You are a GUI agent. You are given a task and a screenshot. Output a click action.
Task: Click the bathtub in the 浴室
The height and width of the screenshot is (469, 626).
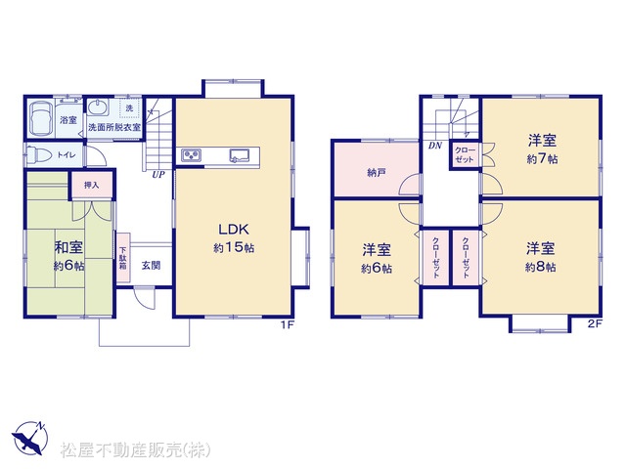(41, 118)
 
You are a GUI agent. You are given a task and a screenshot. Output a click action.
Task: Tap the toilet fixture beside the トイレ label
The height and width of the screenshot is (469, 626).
(38, 154)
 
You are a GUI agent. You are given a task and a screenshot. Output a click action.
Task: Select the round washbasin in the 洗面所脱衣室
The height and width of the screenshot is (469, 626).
(98, 107)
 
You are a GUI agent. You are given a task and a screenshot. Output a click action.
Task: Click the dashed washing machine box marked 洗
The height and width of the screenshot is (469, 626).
(130, 108)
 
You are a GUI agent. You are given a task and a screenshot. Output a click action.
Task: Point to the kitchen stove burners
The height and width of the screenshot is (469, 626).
(192, 155)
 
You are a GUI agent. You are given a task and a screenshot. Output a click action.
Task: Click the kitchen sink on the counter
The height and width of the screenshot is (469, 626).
(240, 155)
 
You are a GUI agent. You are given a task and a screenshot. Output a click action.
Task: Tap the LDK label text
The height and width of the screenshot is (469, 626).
(234, 229)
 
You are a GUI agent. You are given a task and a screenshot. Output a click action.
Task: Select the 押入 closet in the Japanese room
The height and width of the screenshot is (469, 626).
(92, 185)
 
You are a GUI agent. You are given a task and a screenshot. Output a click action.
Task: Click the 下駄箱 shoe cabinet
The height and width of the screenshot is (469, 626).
(123, 258)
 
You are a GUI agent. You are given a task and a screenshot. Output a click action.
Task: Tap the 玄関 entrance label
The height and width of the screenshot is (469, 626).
(151, 265)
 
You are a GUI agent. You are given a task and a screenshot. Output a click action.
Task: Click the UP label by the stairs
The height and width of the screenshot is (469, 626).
(158, 175)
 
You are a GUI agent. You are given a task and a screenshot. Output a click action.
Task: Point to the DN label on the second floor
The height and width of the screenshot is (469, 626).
(435, 146)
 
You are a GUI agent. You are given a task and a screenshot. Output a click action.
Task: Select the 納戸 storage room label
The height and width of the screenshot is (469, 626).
(377, 173)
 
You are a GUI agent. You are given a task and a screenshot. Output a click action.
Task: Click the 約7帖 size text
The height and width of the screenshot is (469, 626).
(542, 158)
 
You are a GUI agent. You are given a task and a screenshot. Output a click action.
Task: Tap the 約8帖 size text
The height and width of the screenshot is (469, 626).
(540, 267)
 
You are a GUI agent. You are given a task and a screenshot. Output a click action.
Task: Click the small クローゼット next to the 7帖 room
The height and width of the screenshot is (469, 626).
(466, 155)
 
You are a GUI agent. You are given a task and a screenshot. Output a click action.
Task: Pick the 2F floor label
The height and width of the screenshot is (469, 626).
(594, 323)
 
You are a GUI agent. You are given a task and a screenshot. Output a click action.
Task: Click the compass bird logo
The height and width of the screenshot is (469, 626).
(30, 438)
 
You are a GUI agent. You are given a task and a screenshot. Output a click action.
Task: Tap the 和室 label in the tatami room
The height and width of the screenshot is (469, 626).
(68, 247)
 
